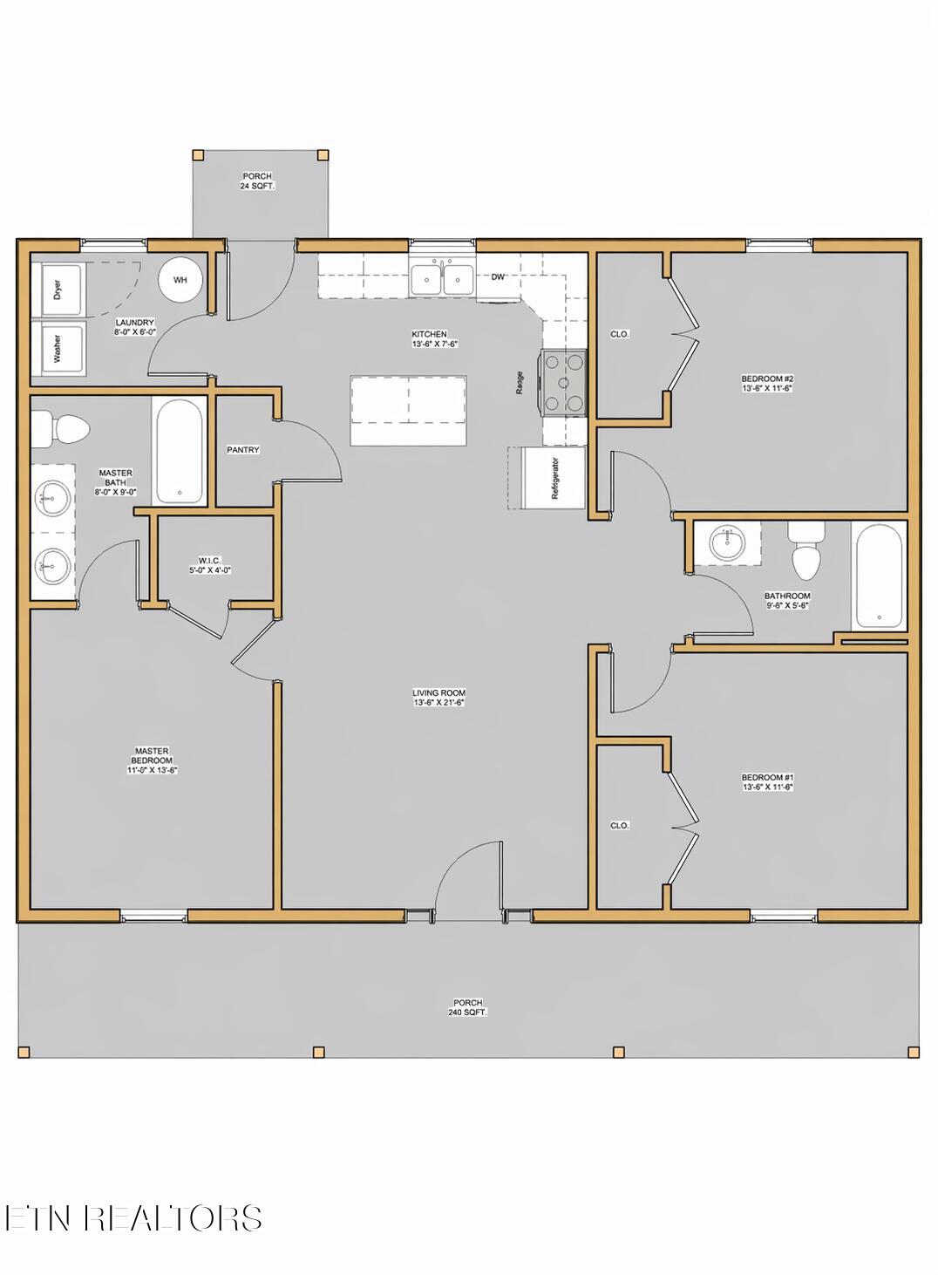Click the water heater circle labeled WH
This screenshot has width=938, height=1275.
click(180, 280)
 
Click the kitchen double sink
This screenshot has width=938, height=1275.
click(443, 280)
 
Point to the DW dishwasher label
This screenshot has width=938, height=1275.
click(498, 277)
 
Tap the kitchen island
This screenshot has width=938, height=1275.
click(408, 410)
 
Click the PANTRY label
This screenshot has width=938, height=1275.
click(243, 450)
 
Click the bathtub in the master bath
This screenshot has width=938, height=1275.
click(180, 451)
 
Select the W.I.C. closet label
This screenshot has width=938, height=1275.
click(210, 565)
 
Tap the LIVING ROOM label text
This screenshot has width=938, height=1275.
click(439, 698)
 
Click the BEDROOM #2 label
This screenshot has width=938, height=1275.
click(767, 383)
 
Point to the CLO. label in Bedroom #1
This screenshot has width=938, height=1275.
click(620, 825)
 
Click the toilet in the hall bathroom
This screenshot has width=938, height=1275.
click(805, 553)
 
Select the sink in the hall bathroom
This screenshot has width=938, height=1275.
click(727, 543)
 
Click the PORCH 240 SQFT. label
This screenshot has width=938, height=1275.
click(468, 1007)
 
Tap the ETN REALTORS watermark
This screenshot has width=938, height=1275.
click(133, 1217)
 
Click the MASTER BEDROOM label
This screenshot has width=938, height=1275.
click(152, 760)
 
